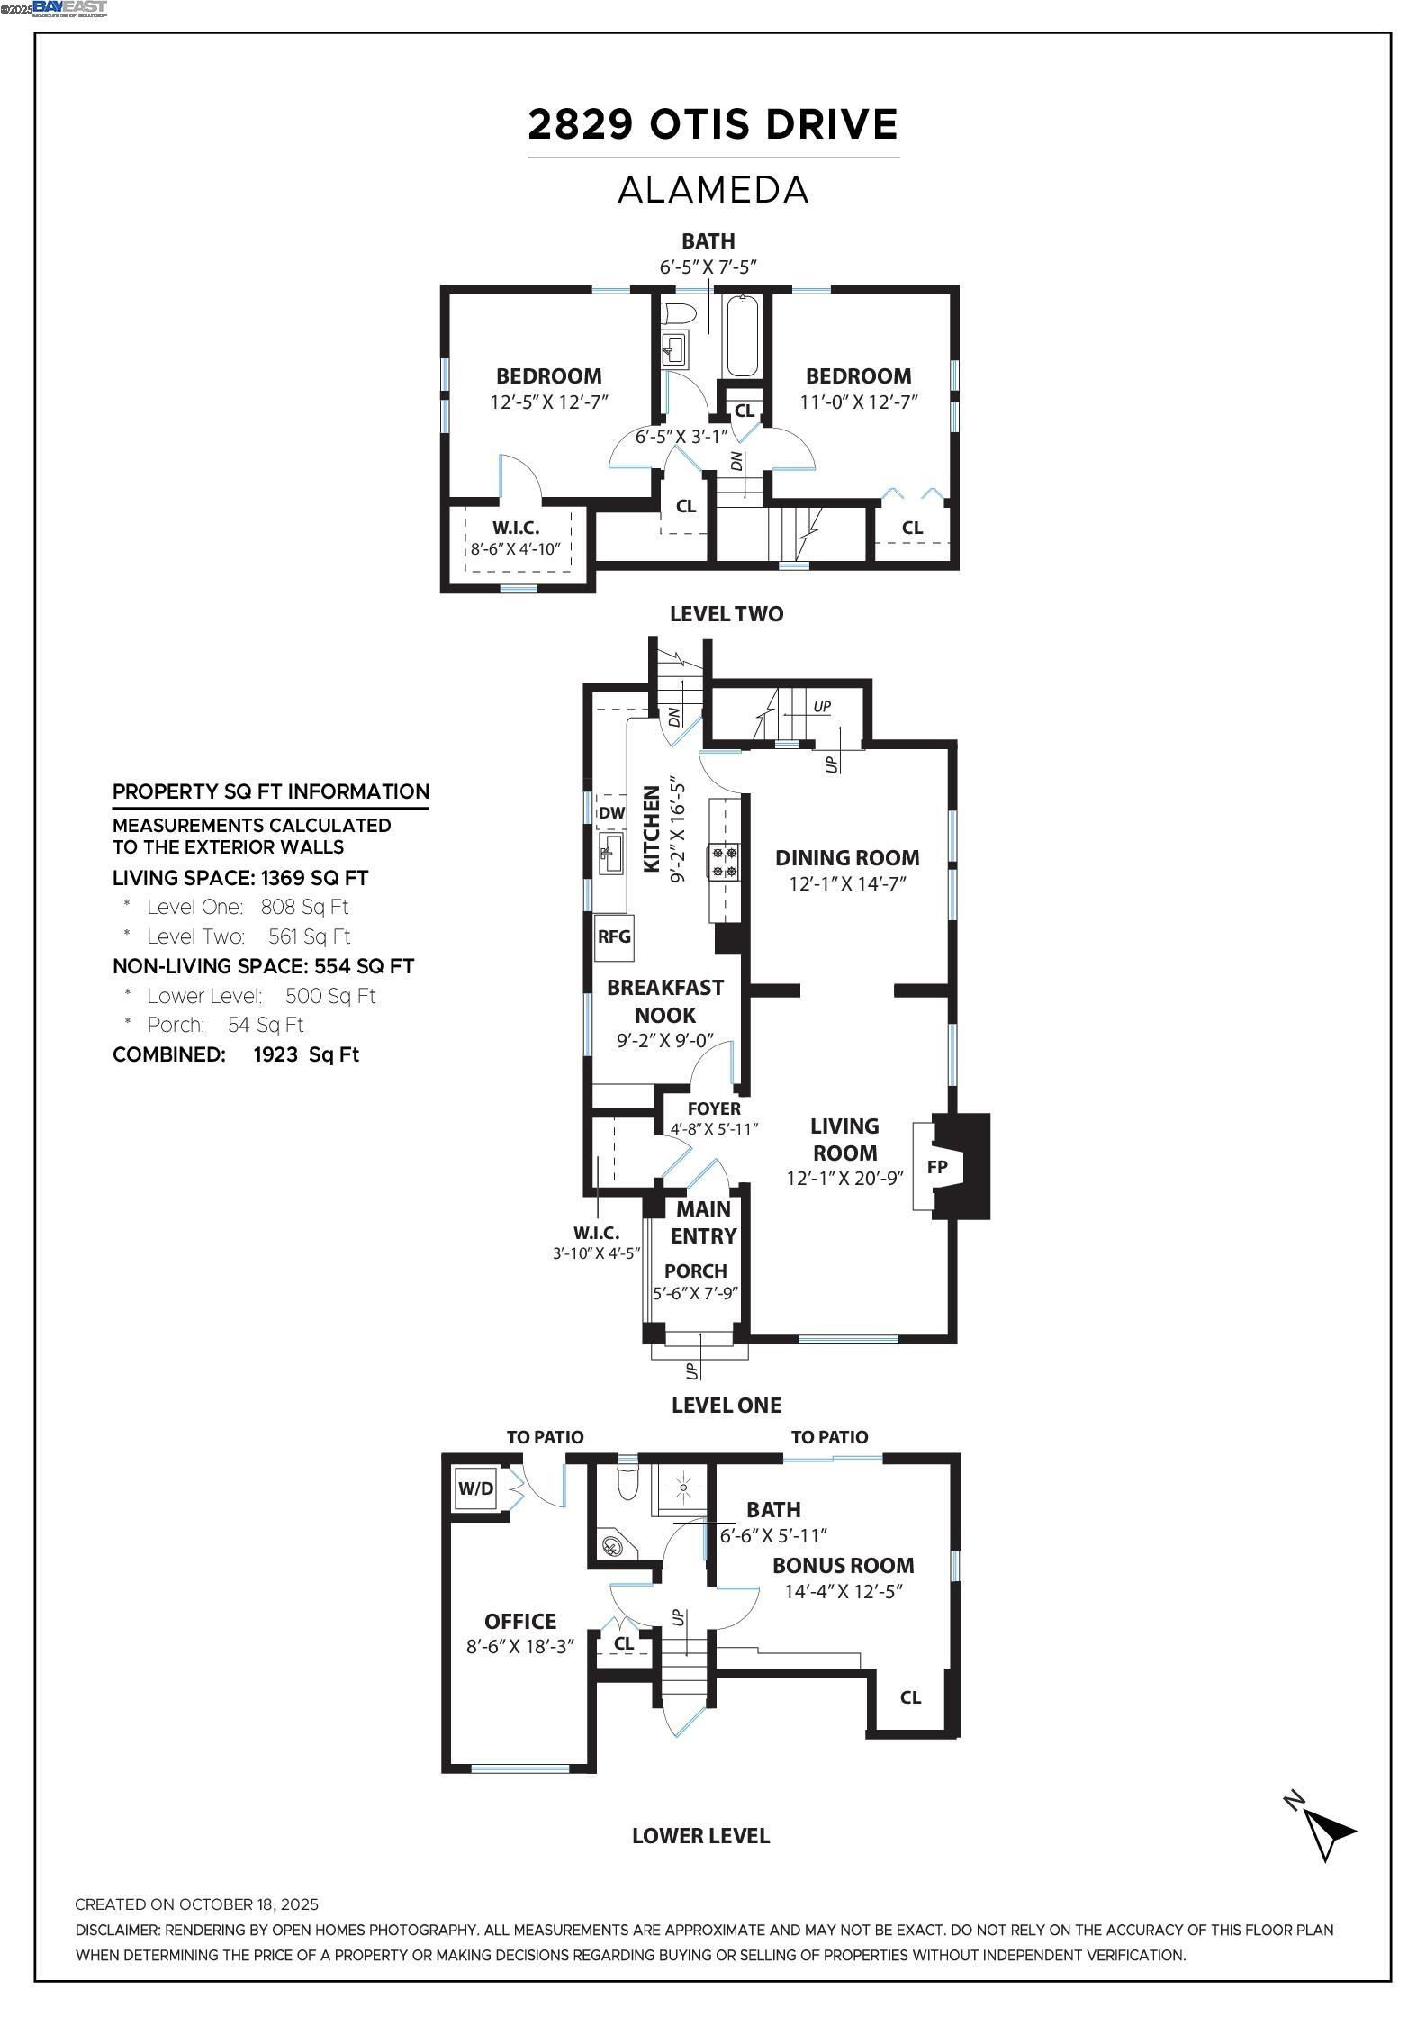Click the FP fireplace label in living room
(936, 1167)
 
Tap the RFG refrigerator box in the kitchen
(614, 936)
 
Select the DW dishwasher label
(611, 813)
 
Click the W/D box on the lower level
(475, 1488)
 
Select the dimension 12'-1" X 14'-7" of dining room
(847, 884)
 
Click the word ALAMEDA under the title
(713, 190)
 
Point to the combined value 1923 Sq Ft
(306, 1054)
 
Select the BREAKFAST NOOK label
(664, 1000)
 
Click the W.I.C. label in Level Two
(516, 529)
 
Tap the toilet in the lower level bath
(627, 1481)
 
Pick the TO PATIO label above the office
(545, 1437)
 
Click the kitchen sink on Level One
(612, 852)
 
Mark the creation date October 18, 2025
(196, 1904)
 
